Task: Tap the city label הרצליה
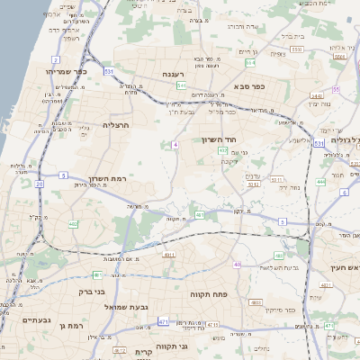(117, 125)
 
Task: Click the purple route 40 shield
(237, 265)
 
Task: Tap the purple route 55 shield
(336, 90)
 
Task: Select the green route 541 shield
(182, 85)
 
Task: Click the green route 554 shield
(251, 63)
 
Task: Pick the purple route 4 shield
(177, 144)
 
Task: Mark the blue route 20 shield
(39, 184)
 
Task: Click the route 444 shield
(321, 182)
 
